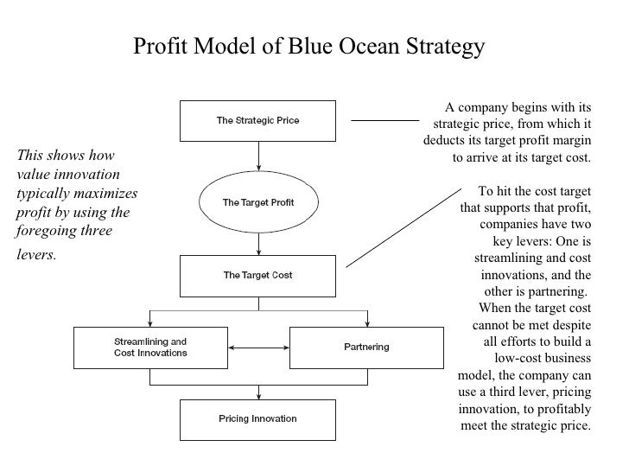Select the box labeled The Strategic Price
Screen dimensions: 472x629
point(257,120)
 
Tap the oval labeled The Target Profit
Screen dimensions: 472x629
point(258,202)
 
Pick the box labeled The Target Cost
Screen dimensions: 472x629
point(257,276)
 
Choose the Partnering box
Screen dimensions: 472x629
point(366,347)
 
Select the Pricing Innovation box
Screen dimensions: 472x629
point(257,419)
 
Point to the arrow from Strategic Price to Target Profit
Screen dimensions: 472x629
point(258,156)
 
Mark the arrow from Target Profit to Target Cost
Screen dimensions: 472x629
point(258,241)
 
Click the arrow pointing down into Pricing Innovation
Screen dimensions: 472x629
point(258,391)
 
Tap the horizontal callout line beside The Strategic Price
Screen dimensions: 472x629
point(384,120)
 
